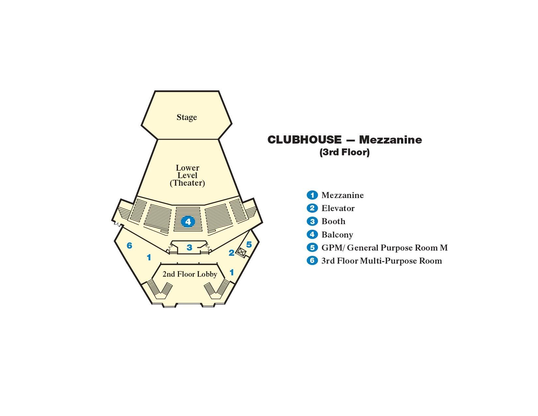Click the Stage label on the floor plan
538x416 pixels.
click(187, 117)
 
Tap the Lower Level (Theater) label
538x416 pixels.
click(187, 175)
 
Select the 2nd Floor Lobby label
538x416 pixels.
click(190, 274)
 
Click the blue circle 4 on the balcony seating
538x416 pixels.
click(188, 222)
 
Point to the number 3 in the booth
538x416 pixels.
click(189, 248)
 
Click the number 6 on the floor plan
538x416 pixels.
click(129, 245)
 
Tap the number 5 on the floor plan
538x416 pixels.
click(249, 244)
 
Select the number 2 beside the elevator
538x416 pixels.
click(232, 253)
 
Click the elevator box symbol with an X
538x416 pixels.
click(241, 252)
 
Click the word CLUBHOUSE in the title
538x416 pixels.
click(304, 140)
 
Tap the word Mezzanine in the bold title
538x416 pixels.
click(390, 140)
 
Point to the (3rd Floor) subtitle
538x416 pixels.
click(345, 152)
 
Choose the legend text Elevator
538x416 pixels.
click(338, 208)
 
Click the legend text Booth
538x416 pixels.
click(333, 221)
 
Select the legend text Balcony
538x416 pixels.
click(337, 235)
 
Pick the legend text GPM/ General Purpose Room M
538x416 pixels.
click(384, 248)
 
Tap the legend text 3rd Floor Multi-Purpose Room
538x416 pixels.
click(381, 261)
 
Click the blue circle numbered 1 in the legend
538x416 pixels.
click(312, 195)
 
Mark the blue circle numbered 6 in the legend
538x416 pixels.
click(312, 261)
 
